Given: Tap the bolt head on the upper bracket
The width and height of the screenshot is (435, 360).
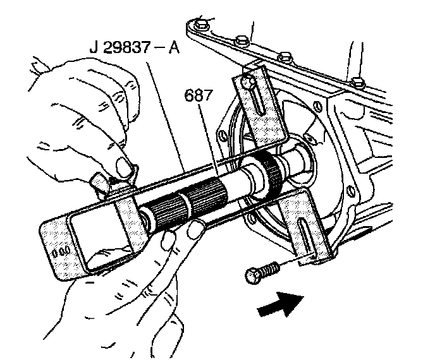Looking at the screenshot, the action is coord(248,81).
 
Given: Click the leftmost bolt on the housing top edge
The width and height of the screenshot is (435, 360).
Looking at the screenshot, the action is coord(200,25).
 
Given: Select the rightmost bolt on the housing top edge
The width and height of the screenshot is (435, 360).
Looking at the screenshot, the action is coord(357,82).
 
